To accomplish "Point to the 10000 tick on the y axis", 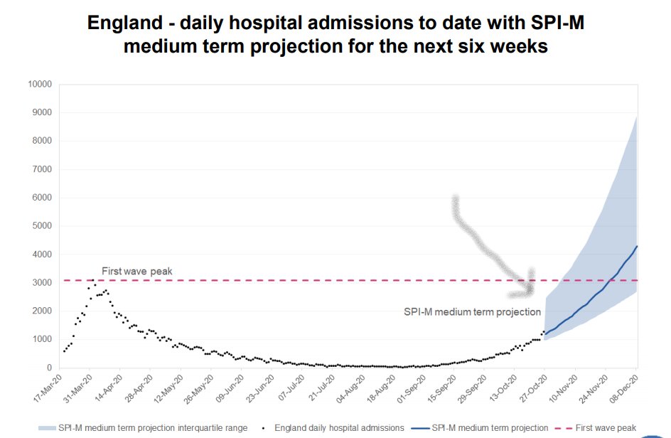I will click(x=40, y=84).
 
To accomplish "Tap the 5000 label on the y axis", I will click(x=42, y=226).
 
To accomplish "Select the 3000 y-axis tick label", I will click(x=42, y=283).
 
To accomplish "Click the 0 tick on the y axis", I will click(x=49, y=368).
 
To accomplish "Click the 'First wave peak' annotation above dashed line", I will click(x=136, y=272).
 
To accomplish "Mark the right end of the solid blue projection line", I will click(x=637, y=246).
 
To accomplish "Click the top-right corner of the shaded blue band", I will click(x=636, y=116).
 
